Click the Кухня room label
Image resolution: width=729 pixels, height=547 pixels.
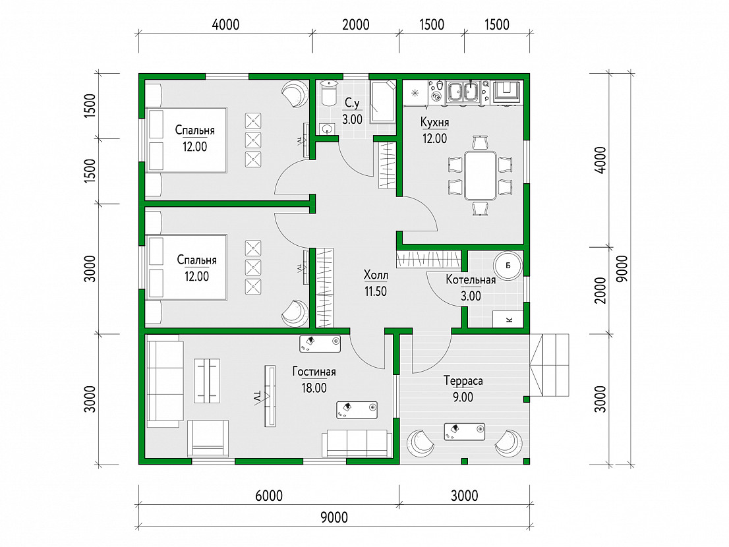[x=434, y=122]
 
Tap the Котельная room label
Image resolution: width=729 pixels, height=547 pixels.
[x=471, y=280]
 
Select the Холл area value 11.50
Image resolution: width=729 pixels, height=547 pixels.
[x=375, y=291]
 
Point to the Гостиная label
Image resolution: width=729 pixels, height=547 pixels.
[x=314, y=372]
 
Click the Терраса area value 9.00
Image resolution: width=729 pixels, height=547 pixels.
[x=463, y=397]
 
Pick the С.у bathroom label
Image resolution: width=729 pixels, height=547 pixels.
[x=352, y=103]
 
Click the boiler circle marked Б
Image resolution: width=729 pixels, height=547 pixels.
[x=508, y=266]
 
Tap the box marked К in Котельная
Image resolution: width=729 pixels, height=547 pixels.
[x=508, y=319]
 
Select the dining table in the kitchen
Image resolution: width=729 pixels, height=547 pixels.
[x=481, y=175]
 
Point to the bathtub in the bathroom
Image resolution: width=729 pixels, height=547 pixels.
[x=383, y=101]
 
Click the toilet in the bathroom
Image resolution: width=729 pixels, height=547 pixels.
[x=329, y=94]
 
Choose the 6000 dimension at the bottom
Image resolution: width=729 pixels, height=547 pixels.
[x=269, y=496]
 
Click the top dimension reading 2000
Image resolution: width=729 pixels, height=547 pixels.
[x=356, y=24]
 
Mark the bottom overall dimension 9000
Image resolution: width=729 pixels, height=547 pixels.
[x=334, y=517]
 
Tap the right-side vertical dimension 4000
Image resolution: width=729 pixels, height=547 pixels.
[x=600, y=160]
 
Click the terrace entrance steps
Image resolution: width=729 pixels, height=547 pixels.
[x=550, y=365]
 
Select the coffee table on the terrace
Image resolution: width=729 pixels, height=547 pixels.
[x=465, y=431]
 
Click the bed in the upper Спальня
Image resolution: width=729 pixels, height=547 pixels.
[x=186, y=140]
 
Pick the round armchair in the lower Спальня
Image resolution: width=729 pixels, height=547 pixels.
[x=295, y=313]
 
